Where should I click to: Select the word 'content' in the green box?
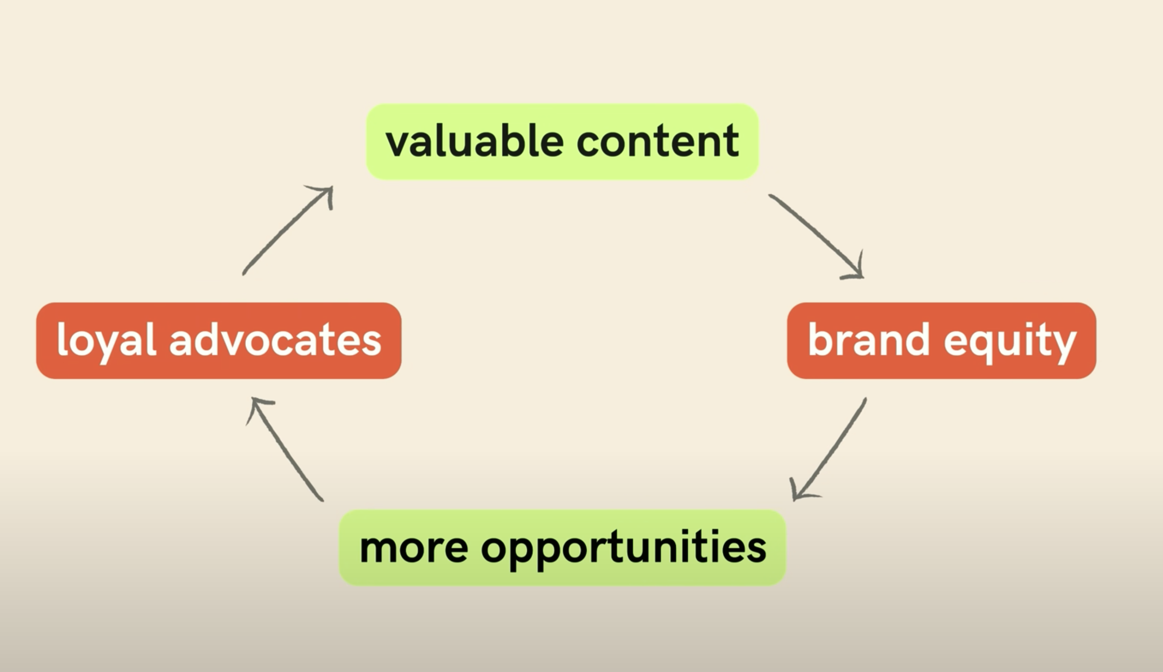coord(657,141)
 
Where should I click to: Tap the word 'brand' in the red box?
coord(868,340)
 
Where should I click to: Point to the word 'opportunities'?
coord(623,549)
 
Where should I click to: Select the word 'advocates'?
coord(275,340)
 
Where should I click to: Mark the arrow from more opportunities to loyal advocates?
coord(286,450)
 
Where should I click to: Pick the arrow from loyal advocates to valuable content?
coord(286,231)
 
